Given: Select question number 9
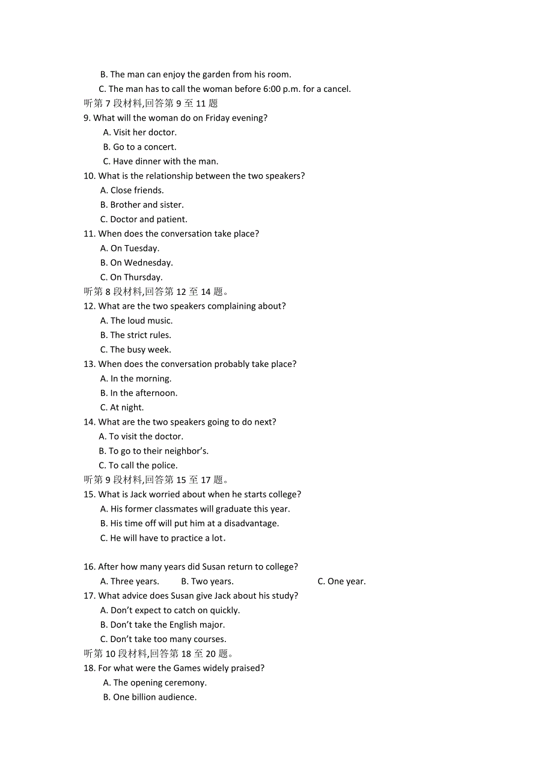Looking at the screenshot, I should (87, 118).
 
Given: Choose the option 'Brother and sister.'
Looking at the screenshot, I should (142, 205).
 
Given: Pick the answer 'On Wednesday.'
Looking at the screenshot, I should (136, 262).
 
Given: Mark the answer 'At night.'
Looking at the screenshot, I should (122, 407).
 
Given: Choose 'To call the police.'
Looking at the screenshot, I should (138, 465).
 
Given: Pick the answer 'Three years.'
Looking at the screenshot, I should (130, 581).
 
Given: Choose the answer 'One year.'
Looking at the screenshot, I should (341, 581).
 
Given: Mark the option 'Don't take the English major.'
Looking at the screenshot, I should (162, 625).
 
